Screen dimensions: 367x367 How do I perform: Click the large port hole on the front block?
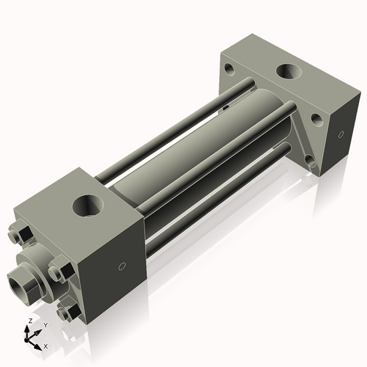(89, 205)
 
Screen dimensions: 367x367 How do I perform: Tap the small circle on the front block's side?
(123, 266)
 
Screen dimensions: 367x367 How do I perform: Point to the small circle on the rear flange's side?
(341, 134)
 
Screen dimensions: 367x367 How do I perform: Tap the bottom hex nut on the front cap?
(65, 313)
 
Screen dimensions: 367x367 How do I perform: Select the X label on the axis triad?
(46, 345)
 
